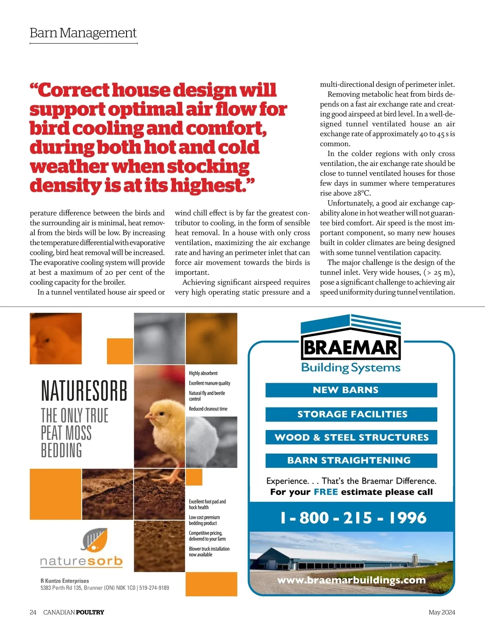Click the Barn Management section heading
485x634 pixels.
click(83, 33)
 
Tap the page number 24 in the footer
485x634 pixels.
click(33, 612)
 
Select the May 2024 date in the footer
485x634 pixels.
click(441, 612)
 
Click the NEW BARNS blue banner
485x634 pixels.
click(351, 390)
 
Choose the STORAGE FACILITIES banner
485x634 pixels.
click(351, 414)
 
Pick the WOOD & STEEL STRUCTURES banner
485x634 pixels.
click(351, 437)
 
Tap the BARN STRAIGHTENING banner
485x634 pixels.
click(351, 460)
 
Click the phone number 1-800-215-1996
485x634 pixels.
click(353, 518)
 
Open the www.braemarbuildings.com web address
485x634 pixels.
click(351, 580)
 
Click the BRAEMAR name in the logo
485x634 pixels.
click(350, 348)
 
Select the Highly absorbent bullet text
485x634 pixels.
click(203, 373)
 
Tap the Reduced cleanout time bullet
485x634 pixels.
click(208, 409)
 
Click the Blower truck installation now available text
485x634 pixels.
click(209, 552)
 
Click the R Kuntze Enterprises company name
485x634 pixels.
click(65, 581)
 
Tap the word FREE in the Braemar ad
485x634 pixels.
click(325, 492)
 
